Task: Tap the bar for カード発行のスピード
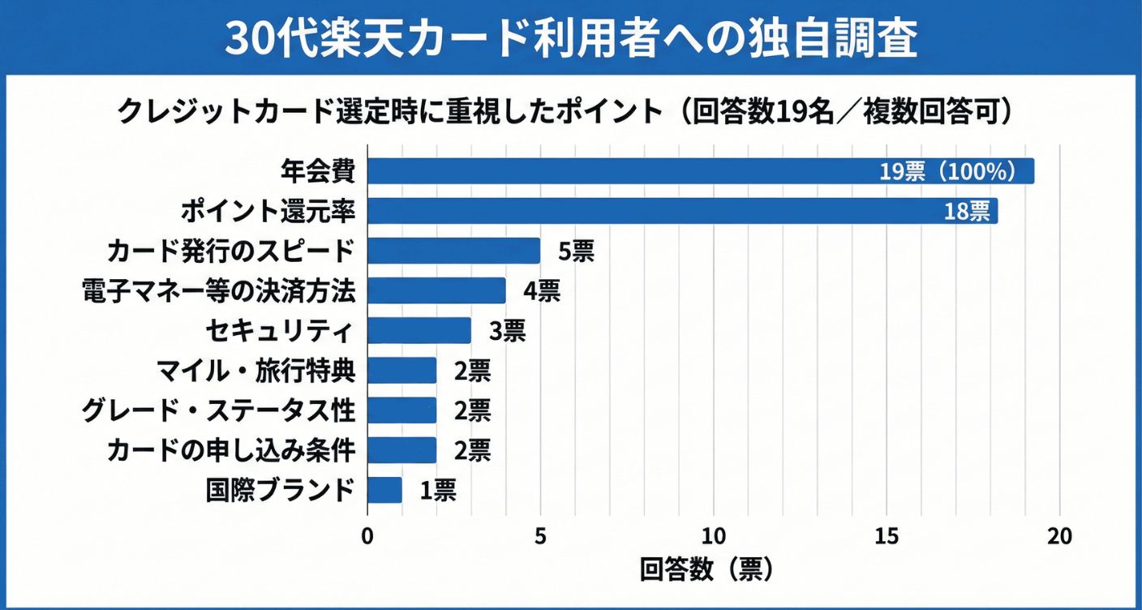point(453,251)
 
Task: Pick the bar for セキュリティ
point(419,330)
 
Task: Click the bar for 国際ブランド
point(384,490)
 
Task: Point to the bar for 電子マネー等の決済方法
point(436,290)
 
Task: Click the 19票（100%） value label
point(947,172)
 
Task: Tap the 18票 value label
point(967,212)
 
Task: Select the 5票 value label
point(576,251)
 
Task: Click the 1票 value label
point(438,490)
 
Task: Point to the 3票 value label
point(507,331)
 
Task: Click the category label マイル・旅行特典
point(255,371)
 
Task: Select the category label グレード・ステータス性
point(219,410)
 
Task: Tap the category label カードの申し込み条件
point(232,450)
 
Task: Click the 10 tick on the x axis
point(714,537)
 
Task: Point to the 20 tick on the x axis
point(1059,537)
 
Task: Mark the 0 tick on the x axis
point(367,537)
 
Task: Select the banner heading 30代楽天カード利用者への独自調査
point(570,38)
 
